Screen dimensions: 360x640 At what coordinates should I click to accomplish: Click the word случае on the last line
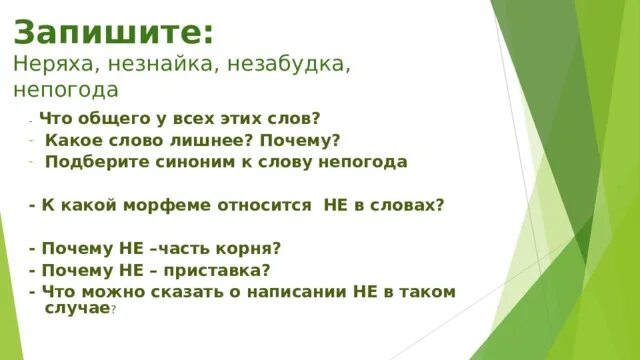click(77, 309)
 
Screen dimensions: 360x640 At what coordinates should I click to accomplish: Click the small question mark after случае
click(114, 311)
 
